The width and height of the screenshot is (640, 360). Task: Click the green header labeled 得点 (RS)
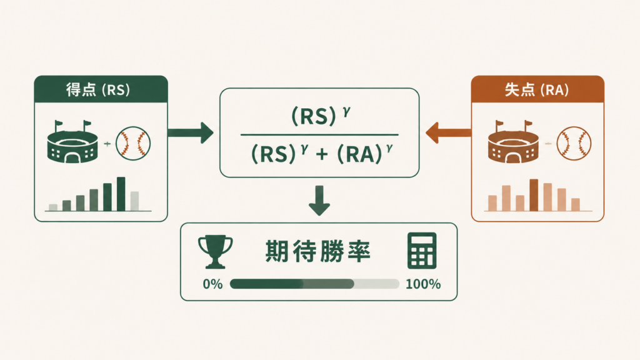(x=101, y=89)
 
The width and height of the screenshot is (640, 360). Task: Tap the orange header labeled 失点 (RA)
(x=537, y=89)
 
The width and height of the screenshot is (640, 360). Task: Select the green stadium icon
(x=72, y=142)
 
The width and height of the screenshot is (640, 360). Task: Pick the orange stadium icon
(x=514, y=142)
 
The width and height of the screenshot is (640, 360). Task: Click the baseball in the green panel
(x=133, y=144)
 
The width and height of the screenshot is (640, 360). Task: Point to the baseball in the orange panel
(x=574, y=144)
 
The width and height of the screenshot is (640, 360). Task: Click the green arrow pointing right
(x=190, y=132)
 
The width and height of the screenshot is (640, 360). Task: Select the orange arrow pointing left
(x=448, y=132)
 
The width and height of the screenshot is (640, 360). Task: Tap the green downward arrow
(x=319, y=201)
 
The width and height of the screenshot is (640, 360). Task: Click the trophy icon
(x=215, y=252)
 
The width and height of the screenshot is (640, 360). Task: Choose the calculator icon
(x=422, y=251)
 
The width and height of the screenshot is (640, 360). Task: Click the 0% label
(x=212, y=284)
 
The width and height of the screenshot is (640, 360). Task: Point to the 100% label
(x=423, y=284)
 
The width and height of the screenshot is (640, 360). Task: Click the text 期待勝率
(x=318, y=251)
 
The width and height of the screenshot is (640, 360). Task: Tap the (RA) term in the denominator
(x=359, y=154)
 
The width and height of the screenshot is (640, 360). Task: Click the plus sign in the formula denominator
(x=322, y=154)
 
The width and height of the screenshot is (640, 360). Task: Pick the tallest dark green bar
(x=121, y=194)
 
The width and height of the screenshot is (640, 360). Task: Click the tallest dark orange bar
(x=534, y=195)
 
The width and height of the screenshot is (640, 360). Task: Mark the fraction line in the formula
(x=319, y=134)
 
